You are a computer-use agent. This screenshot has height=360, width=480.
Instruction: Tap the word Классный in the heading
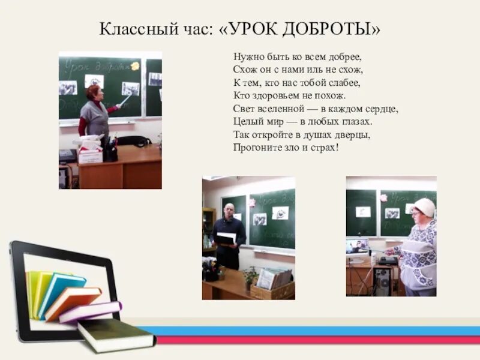[x=129, y=29]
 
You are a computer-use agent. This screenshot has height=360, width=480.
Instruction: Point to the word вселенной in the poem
[x=278, y=109]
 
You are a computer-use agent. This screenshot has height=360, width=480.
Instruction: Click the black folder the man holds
[x=226, y=238]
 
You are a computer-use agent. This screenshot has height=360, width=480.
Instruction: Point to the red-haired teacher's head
[x=93, y=92]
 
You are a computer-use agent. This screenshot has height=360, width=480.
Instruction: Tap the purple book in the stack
[x=90, y=312]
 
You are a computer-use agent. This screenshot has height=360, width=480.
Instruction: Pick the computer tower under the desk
[x=382, y=281]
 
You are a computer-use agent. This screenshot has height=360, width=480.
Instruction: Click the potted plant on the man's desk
[x=250, y=277]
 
